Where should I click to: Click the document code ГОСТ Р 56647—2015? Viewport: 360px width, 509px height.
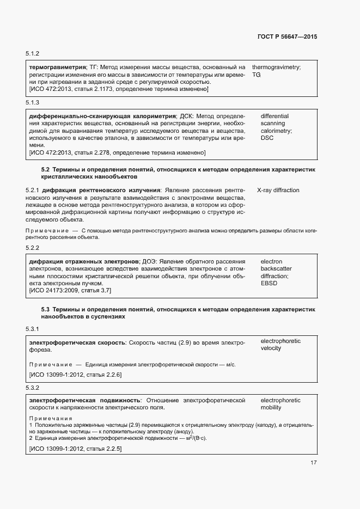click(287, 36)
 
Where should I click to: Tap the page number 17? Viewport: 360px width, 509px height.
click(314, 463)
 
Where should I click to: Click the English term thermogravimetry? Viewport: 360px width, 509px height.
click(276, 66)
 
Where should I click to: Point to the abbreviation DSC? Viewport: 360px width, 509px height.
click(267, 138)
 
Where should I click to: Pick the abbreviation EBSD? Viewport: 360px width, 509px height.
click(269, 284)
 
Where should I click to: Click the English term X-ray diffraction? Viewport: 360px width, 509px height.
click(278, 190)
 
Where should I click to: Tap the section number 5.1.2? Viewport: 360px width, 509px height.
click(33, 54)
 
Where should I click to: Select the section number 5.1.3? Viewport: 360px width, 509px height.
click(33, 103)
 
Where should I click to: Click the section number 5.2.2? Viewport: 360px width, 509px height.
click(33, 248)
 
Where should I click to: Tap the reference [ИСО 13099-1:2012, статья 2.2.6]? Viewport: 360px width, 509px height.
click(75, 375)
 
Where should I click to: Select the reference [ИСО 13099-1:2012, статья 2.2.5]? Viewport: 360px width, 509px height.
click(75, 449)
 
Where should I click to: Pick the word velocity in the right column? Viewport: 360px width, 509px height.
click(271, 348)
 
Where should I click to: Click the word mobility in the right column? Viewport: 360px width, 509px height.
click(271, 407)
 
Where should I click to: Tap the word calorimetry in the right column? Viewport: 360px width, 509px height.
click(276, 131)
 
